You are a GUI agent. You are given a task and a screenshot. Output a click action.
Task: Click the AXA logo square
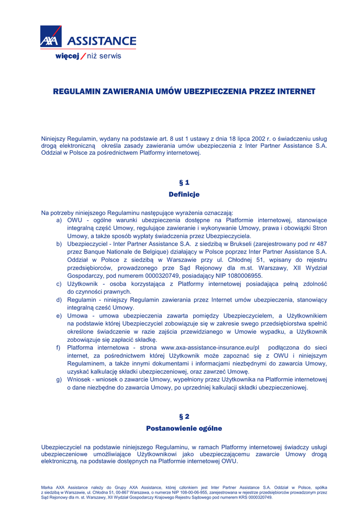(51, 37)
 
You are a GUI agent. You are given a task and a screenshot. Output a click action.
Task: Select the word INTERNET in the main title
(296, 92)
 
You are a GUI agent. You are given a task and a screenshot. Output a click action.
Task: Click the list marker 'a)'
(59, 220)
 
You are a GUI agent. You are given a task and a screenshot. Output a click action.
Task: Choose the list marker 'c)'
(59, 284)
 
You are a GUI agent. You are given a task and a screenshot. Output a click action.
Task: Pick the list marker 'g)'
(59, 380)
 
